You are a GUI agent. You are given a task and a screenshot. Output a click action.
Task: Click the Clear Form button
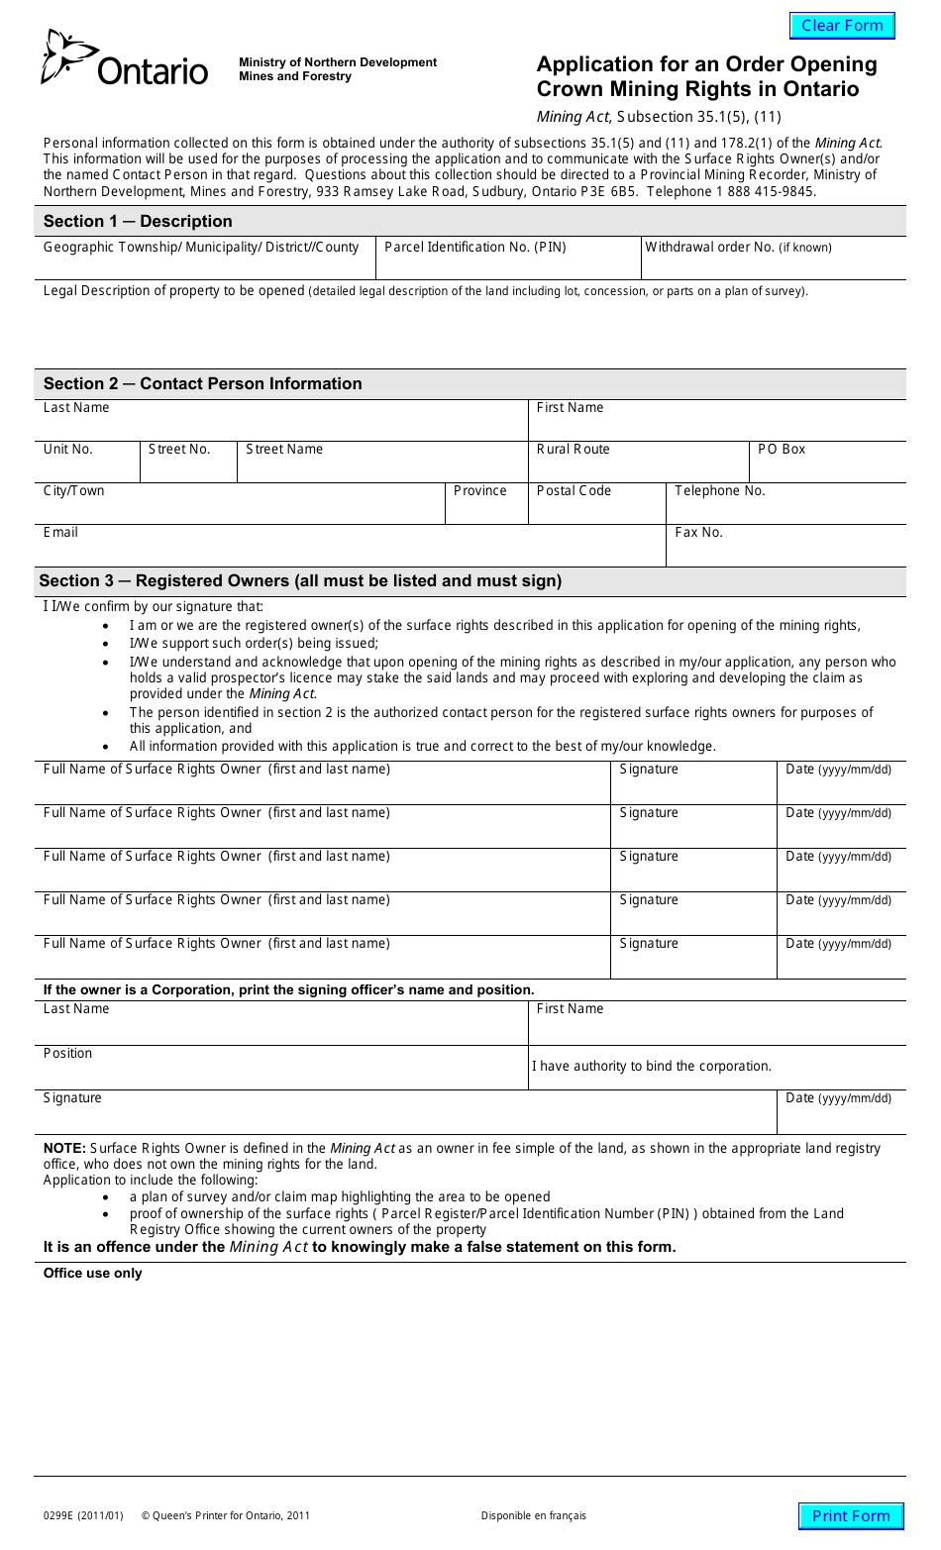pyautogui.click(x=842, y=26)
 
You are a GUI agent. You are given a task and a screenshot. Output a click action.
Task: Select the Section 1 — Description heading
pyautogui.click(x=138, y=221)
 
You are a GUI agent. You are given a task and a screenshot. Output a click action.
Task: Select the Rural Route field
pyautogui.click(x=638, y=462)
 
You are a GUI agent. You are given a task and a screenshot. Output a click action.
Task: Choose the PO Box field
pyautogui.click(x=827, y=462)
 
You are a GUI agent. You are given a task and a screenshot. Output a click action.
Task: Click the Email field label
pyautogui.click(x=60, y=533)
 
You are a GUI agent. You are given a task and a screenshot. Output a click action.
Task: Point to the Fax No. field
pyautogui.click(x=785, y=546)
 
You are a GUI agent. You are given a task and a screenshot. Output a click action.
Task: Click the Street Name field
pyautogui.click(x=382, y=462)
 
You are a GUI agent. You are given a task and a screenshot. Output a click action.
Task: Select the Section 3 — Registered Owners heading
pyautogui.click(x=300, y=580)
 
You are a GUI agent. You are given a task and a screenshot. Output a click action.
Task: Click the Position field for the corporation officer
pyautogui.click(x=281, y=1068)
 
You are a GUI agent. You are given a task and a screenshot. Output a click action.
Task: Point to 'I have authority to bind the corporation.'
pyautogui.click(x=652, y=1067)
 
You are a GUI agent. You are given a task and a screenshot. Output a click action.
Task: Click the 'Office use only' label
pyautogui.click(x=93, y=1274)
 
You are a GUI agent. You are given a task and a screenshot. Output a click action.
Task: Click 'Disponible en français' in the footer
pyautogui.click(x=534, y=1515)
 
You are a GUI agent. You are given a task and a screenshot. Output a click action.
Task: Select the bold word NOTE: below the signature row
pyautogui.click(x=64, y=1148)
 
